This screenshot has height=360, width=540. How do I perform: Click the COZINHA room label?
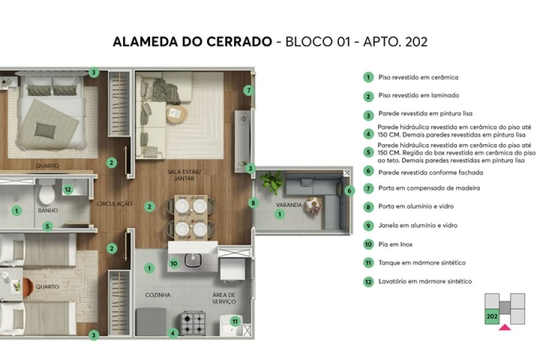(158, 295)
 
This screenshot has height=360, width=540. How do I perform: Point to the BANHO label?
(47, 211)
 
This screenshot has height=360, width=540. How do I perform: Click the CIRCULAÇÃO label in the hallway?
(114, 204)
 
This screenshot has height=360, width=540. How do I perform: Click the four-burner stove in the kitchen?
(194, 322)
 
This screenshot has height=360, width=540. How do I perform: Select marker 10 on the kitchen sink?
(174, 262)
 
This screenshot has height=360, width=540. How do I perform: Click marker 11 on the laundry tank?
(235, 322)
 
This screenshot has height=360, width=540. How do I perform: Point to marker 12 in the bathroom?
(68, 190)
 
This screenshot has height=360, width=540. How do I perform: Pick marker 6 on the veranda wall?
(350, 191)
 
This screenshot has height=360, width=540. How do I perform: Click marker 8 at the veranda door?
(253, 203)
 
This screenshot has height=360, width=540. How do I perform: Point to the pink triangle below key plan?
(505, 328)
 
